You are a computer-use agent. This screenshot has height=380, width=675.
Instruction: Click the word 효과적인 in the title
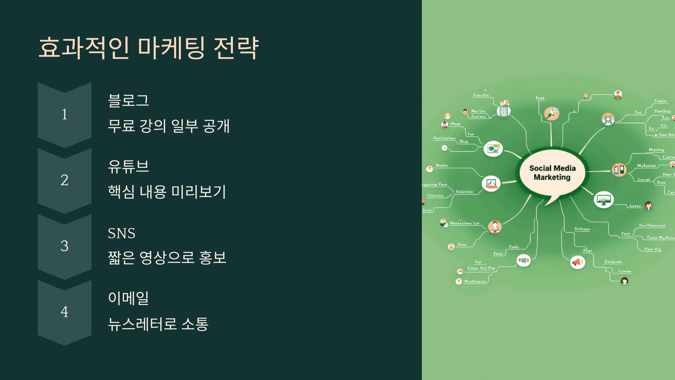coord(84,48)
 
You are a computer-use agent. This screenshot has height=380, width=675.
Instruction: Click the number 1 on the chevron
coord(64,114)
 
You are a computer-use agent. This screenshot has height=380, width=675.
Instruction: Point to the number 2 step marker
coord(64,180)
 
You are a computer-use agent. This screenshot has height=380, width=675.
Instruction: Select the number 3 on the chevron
coord(64,246)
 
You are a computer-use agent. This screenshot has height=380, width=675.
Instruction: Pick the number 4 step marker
coord(64,312)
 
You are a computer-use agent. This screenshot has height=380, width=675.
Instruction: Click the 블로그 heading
coord(128,100)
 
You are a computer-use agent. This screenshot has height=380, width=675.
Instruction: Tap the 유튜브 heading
coord(128,166)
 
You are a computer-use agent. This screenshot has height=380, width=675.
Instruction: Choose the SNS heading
coord(121,233)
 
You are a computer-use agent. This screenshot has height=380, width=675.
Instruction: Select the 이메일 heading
coord(128,298)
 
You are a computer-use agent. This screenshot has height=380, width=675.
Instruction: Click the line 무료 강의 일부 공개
coord(169,126)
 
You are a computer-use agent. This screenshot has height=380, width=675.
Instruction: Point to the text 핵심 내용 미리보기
coord(167,192)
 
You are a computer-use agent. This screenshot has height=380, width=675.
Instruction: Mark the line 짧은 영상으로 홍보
coord(167,258)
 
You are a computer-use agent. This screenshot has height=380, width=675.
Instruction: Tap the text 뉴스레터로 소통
coord(158,324)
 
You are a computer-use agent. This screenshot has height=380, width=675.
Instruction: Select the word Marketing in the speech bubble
coord(552,177)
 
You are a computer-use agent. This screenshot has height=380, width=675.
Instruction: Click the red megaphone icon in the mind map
coord(577,262)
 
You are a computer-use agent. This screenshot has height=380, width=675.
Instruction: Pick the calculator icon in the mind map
coord(503,111)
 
